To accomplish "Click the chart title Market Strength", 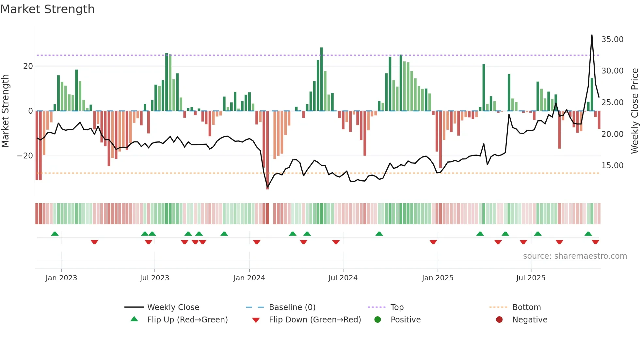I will (x=47, y=9).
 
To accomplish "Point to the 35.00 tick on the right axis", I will (x=612, y=40).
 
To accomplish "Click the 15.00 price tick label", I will (x=612, y=166).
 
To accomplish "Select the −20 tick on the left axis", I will (x=25, y=156).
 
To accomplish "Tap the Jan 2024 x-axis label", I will (x=249, y=278).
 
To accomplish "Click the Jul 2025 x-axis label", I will (x=531, y=278).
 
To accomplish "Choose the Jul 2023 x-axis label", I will (x=154, y=278).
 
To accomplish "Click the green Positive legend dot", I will (x=378, y=320).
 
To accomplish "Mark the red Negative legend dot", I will (x=499, y=320).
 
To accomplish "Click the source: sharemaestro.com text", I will (x=575, y=256).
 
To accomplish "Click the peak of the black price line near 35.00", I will (x=592, y=35).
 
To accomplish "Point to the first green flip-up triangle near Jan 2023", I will (x=55, y=234).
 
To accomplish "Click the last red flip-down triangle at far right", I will (x=595, y=242).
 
